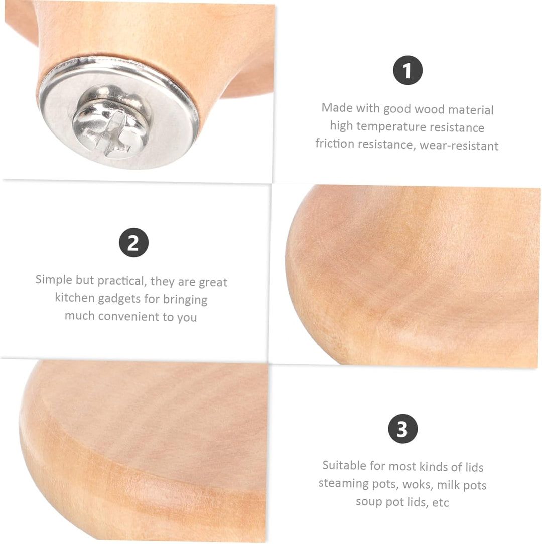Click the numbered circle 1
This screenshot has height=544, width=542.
[x=408, y=70]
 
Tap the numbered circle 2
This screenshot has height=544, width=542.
[x=133, y=242]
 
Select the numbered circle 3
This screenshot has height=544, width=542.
[x=402, y=429]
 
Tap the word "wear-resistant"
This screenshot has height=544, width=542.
[x=459, y=146]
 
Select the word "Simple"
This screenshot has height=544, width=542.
[x=54, y=280]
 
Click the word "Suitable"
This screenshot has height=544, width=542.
[x=344, y=465]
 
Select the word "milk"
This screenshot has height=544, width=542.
[x=448, y=484]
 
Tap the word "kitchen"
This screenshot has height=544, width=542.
[x=75, y=297]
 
